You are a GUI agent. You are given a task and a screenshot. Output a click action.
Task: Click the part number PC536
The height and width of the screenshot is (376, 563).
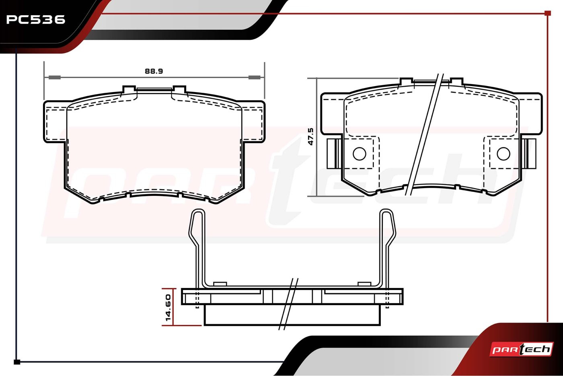tap(35, 19)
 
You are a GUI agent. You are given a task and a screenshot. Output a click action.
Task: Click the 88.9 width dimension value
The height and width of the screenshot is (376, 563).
tap(154, 71)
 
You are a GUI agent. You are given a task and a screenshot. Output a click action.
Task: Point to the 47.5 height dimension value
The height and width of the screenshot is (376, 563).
tap(310, 137)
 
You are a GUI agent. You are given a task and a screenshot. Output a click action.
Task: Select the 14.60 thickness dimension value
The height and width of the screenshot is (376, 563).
tap(168, 308)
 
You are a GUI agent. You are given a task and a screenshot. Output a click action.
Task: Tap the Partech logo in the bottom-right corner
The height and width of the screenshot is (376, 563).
tap(522, 349)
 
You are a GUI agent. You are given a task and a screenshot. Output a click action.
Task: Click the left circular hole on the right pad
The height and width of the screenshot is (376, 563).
tap(359, 153)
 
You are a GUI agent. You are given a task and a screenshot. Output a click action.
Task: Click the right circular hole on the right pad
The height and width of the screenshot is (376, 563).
tap(503, 153)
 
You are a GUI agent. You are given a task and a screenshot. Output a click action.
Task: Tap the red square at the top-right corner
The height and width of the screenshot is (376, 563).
tap(547, 13)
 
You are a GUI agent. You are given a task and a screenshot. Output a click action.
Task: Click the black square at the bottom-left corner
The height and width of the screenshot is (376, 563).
tap(17, 362)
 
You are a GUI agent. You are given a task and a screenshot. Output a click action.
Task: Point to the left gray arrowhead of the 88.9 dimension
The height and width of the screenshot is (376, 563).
tap(54, 77)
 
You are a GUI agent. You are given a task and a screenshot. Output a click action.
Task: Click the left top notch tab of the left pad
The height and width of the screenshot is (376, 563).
tap(129, 89)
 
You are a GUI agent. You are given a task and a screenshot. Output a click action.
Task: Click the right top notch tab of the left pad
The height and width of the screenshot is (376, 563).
tap(179, 89)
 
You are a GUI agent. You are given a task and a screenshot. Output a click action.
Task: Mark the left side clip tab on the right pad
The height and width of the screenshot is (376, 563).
tap(332, 153)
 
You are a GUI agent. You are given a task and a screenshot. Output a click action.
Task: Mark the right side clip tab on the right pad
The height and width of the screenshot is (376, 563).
tap(531, 153)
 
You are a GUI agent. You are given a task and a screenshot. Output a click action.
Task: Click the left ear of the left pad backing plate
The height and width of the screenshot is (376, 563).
tap(55, 121)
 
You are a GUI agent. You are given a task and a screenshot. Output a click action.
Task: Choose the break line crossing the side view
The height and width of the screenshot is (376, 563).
tap(289, 304)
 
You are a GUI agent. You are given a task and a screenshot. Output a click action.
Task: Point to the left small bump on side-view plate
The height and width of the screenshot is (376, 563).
tap(220, 284)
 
